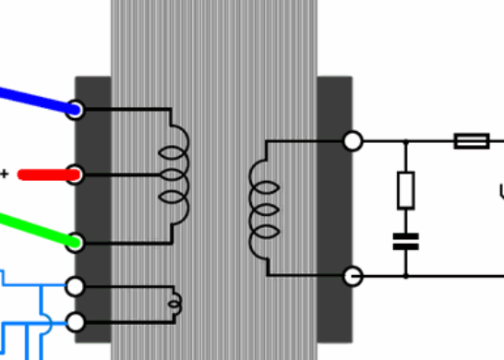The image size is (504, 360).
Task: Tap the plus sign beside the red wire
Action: [x=5, y=174]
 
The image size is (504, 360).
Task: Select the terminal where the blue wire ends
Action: [x=75, y=110]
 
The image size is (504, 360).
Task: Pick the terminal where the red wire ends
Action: [x=75, y=174]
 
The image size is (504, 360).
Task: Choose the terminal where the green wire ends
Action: [x=75, y=242]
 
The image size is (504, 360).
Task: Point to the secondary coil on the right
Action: [x=263, y=209]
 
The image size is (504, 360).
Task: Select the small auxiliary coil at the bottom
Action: [x=174, y=303]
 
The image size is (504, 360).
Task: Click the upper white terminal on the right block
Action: [x=352, y=140]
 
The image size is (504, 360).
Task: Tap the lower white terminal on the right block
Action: [x=352, y=275]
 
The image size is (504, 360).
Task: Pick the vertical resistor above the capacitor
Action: [x=405, y=189]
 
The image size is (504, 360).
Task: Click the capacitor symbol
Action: [x=405, y=241]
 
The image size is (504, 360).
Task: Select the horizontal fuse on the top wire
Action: [x=472, y=140]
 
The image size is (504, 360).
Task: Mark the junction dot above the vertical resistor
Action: [x=405, y=140]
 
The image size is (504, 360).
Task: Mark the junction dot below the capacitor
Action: [x=405, y=275]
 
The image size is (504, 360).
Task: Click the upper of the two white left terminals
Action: [x=75, y=287]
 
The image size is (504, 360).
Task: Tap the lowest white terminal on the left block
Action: [x=75, y=322]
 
